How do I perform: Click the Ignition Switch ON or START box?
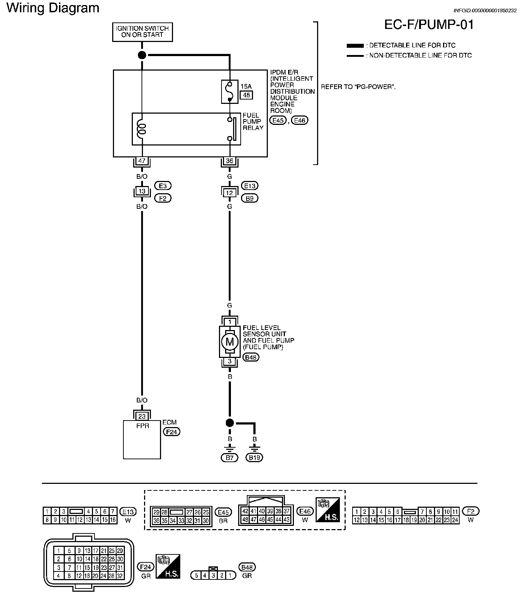pyautogui.click(x=142, y=32)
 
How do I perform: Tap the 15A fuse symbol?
pyautogui.click(x=229, y=92)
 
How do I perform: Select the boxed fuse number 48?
pyautogui.click(x=246, y=95)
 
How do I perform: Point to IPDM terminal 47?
pyautogui.click(x=142, y=161)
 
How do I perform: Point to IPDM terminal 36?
pyautogui.click(x=229, y=161)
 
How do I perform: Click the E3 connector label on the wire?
pyautogui.click(x=163, y=186)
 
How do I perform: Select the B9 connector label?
pyautogui.click(x=249, y=198)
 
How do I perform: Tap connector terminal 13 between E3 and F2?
pyautogui.click(x=142, y=192)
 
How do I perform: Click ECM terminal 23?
pyautogui.click(x=142, y=416)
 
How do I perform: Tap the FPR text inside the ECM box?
pyautogui.click(x=142, y=426)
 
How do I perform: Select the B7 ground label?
pyautogui.click(x=229, y=458)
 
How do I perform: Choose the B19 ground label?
pyautogui.click(x=255, y=458)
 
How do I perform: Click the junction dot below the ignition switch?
pyautogui.click(x=142, y=55)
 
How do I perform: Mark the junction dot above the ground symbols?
pyautogui.click(x=229, y=423)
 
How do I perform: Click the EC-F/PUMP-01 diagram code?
pyautogui.click(x=429, y=25)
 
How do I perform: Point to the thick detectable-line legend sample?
pyautogui.click(x=355, y=46)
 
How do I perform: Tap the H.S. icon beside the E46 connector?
pyautogui.click(x=328, y=510)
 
